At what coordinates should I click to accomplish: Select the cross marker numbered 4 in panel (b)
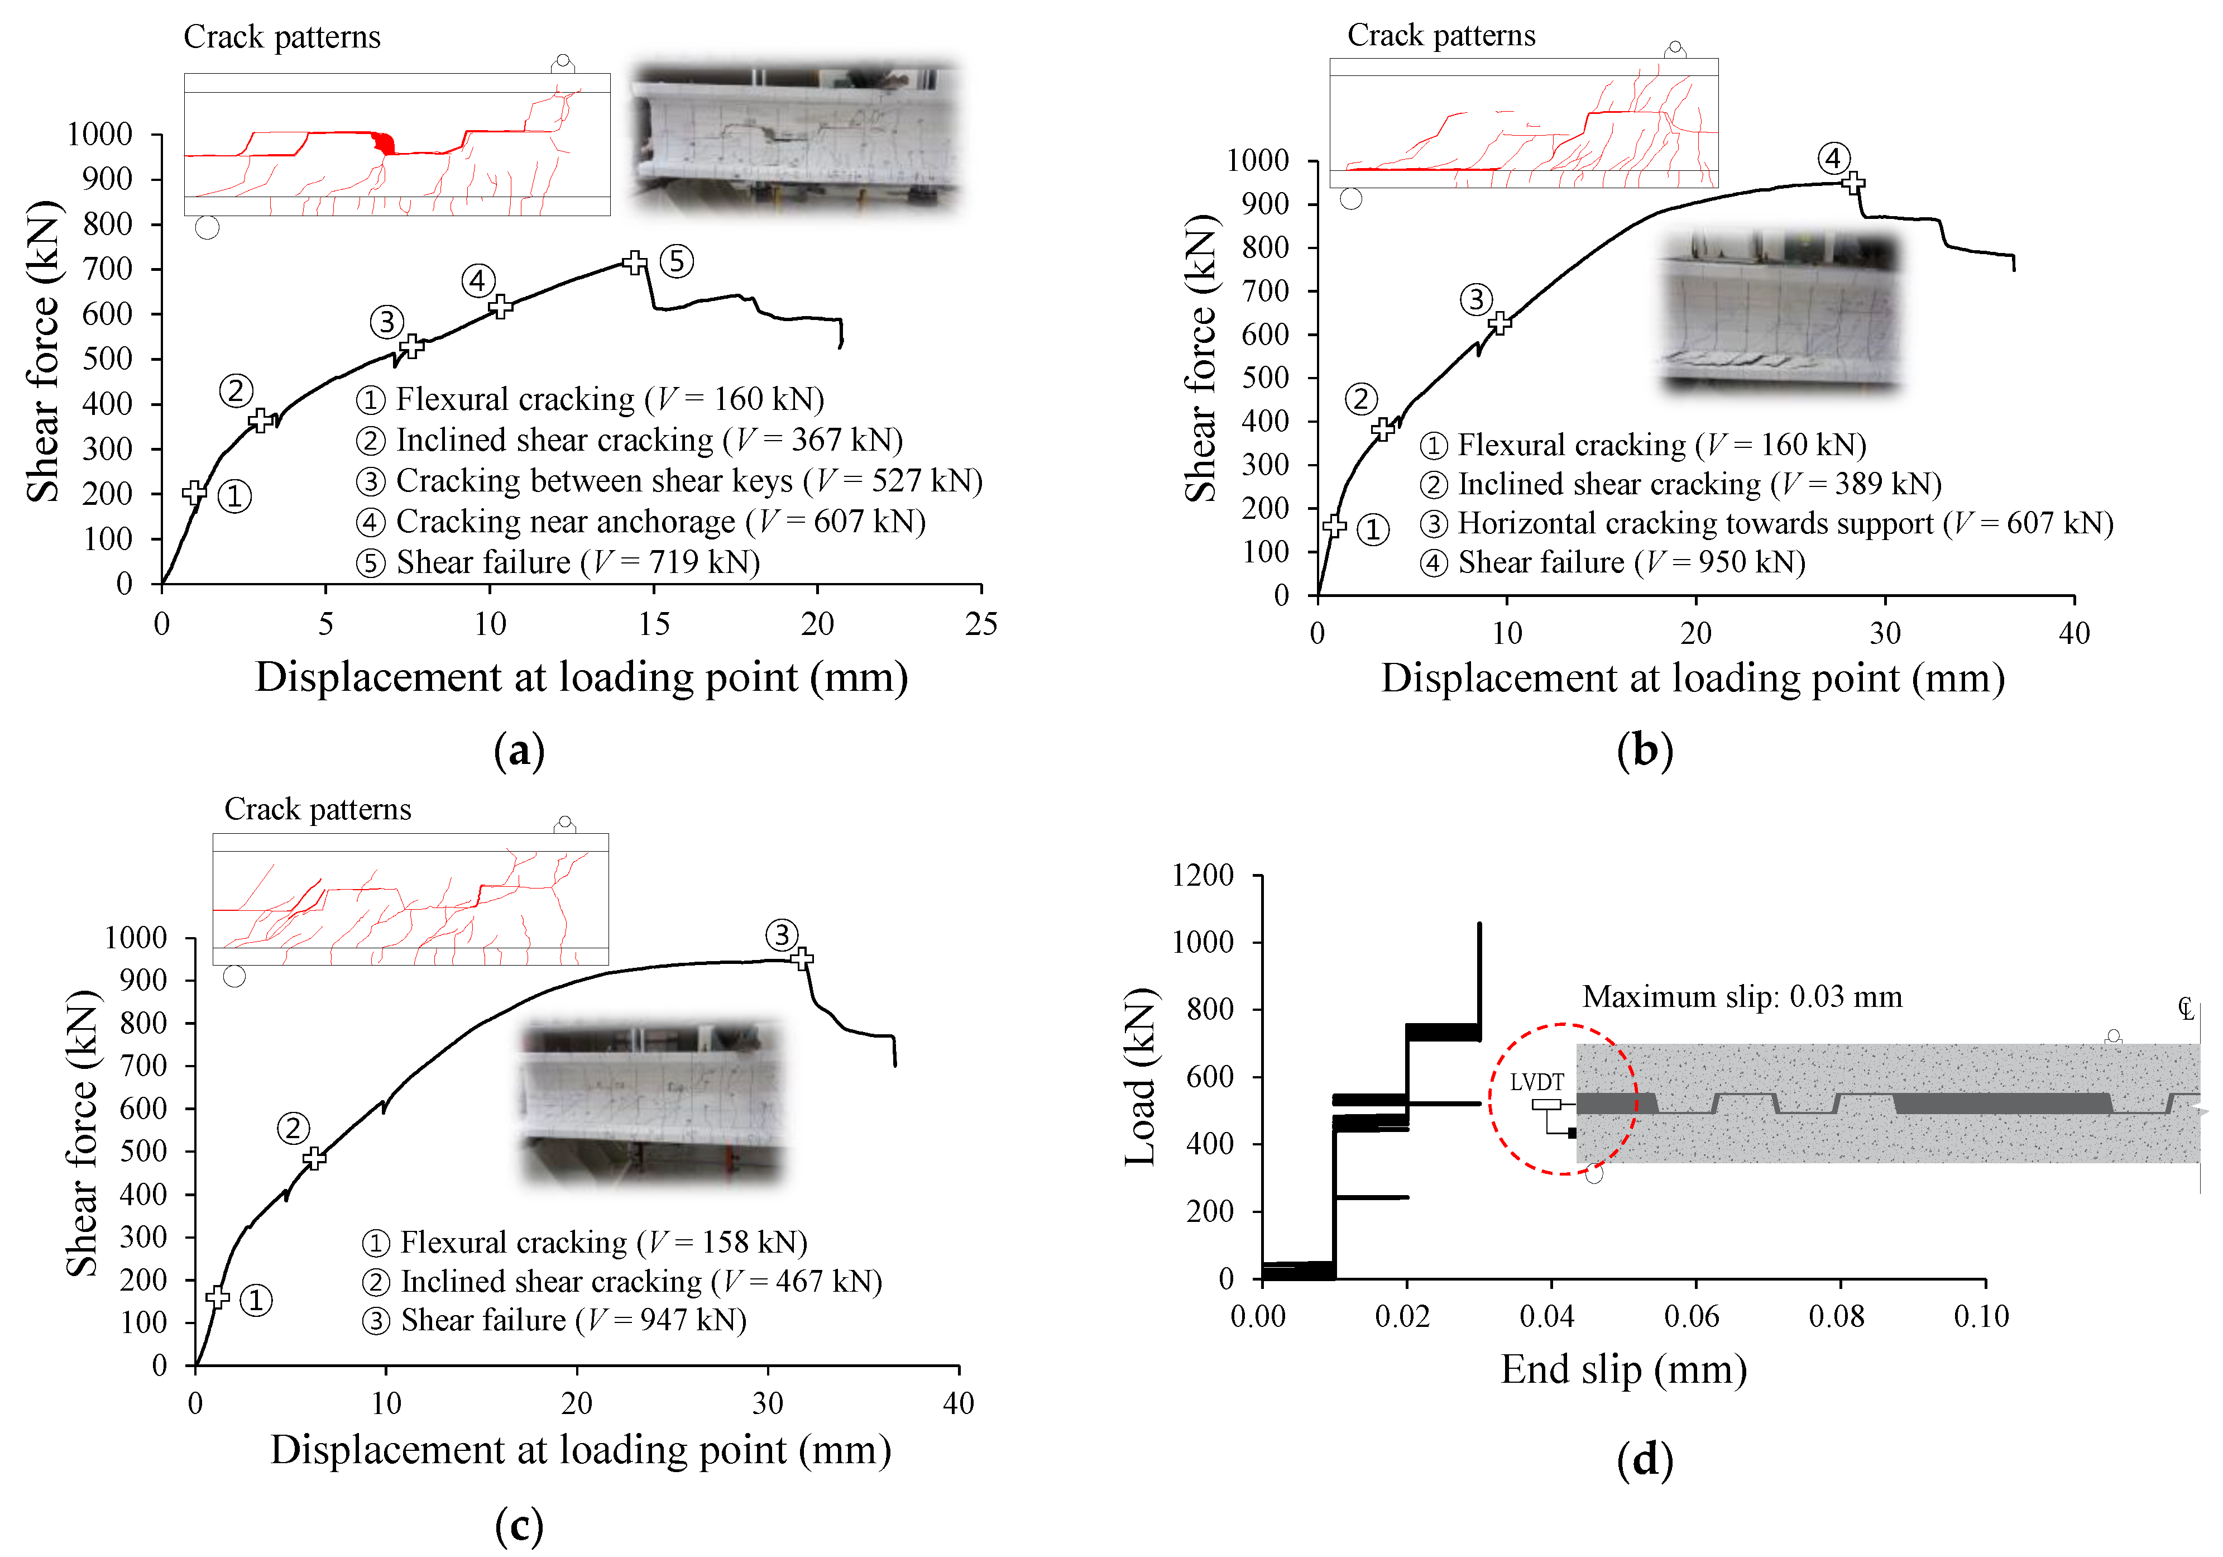tap(1852, 182)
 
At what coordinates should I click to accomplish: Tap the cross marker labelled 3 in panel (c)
tap(802, 958)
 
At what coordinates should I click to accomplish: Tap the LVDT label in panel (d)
tap(1536, 1082)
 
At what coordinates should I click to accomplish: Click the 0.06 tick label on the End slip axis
tap(1692, 1317)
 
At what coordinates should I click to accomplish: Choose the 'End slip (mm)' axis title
tap(1623, 1370)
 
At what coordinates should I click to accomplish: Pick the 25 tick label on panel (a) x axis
tap(981, 624)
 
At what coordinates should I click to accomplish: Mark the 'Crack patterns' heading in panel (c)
tap(318, 809)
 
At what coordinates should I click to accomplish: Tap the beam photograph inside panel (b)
tap(1780, 312)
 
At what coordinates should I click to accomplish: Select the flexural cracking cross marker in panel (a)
tap(195, 492)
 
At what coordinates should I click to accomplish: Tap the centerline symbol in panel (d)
tap(2185, 1009)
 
